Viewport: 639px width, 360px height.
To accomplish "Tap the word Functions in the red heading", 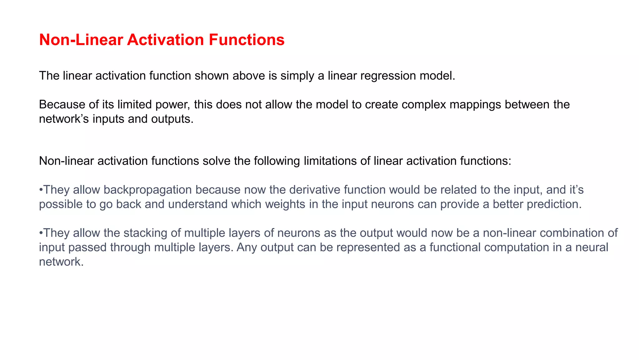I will point(246,40).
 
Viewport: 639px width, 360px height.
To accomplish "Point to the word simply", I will point(297,76).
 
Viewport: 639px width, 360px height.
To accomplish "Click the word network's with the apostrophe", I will point(64,119).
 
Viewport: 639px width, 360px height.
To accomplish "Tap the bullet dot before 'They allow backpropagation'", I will point(41,190).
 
